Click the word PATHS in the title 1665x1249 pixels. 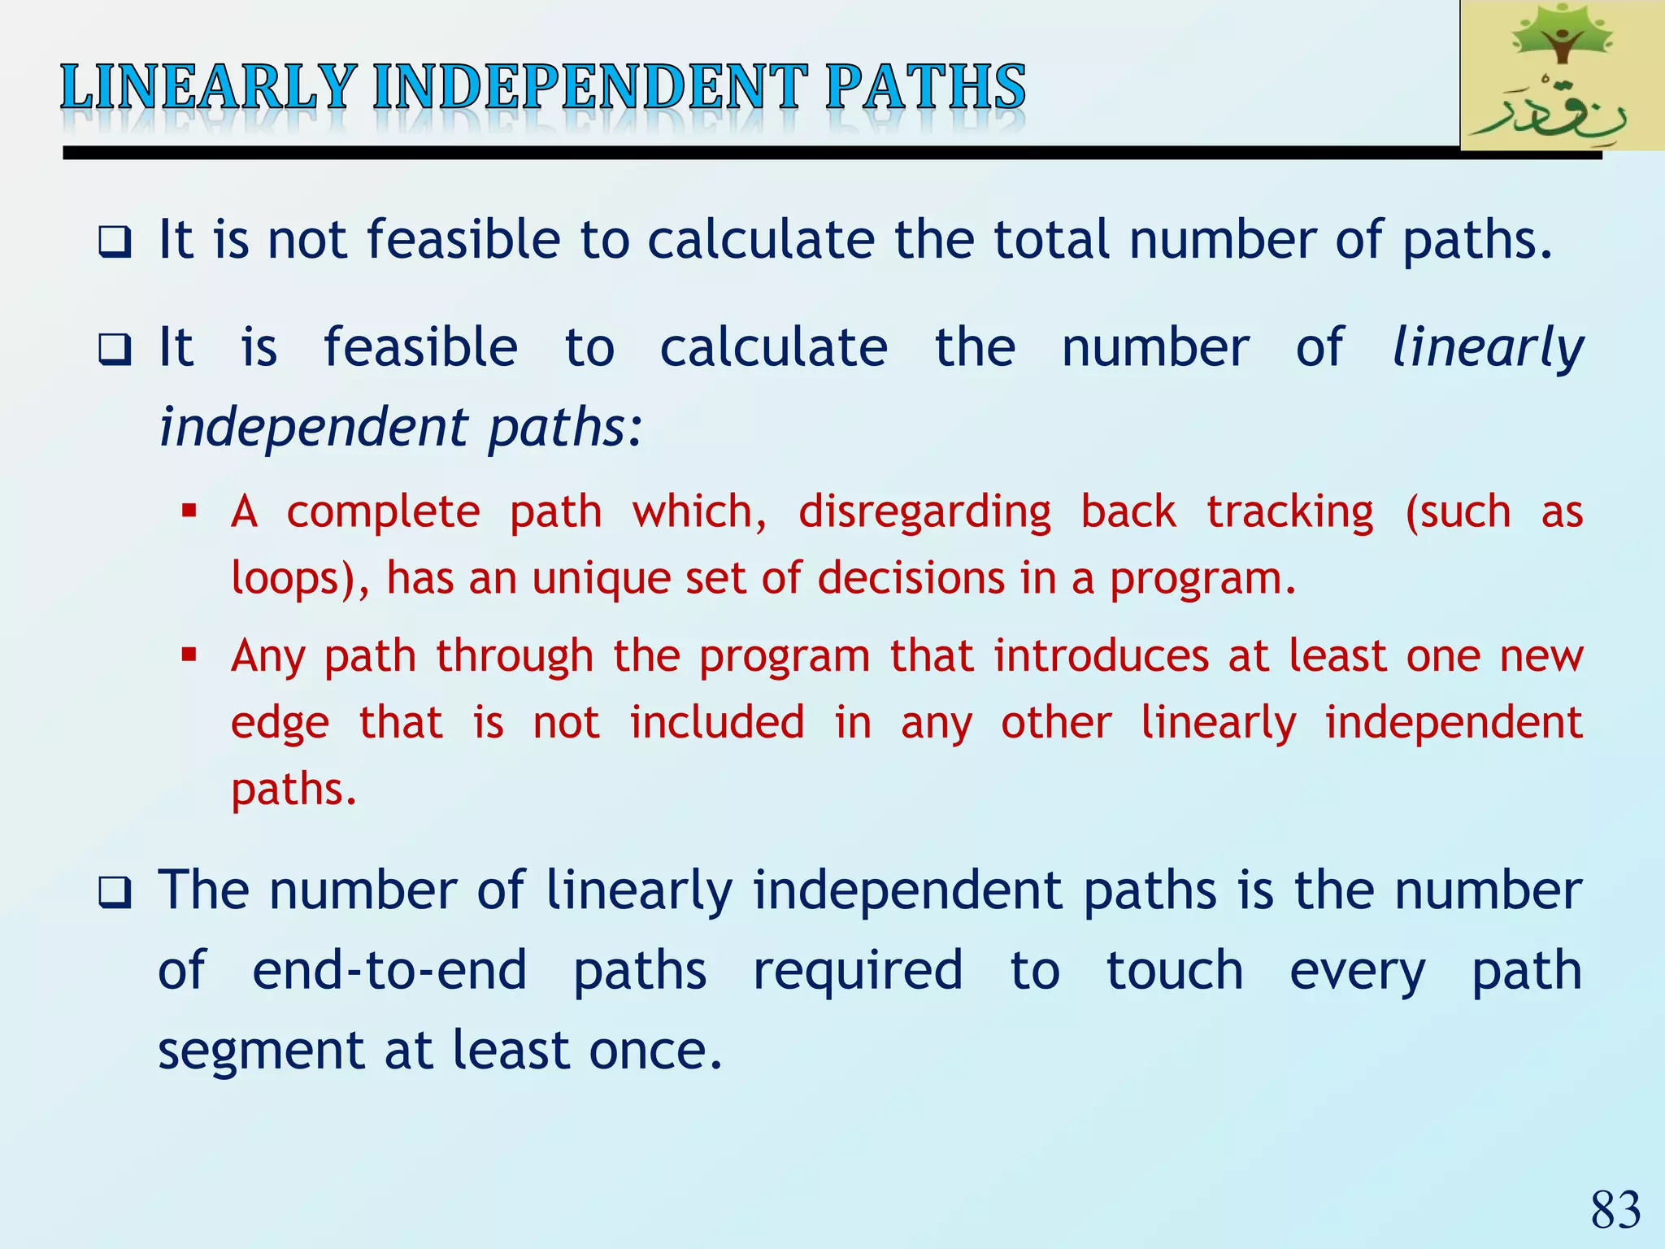pos(925,88)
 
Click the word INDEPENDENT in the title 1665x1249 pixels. pos(589,88)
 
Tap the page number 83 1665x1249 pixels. pos(1615,1210)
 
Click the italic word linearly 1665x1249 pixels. pos(1487,348)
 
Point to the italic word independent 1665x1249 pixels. pos(314,427)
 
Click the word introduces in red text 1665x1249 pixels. pos(1101,655)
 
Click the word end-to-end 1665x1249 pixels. pos(389,970)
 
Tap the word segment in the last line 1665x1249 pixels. pos(261,1051)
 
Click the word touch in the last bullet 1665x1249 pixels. pos(1174,970)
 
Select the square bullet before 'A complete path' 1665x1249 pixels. pos(189,512)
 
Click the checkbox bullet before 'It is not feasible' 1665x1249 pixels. pos(115,242)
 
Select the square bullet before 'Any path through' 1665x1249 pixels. pos(189,655)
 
